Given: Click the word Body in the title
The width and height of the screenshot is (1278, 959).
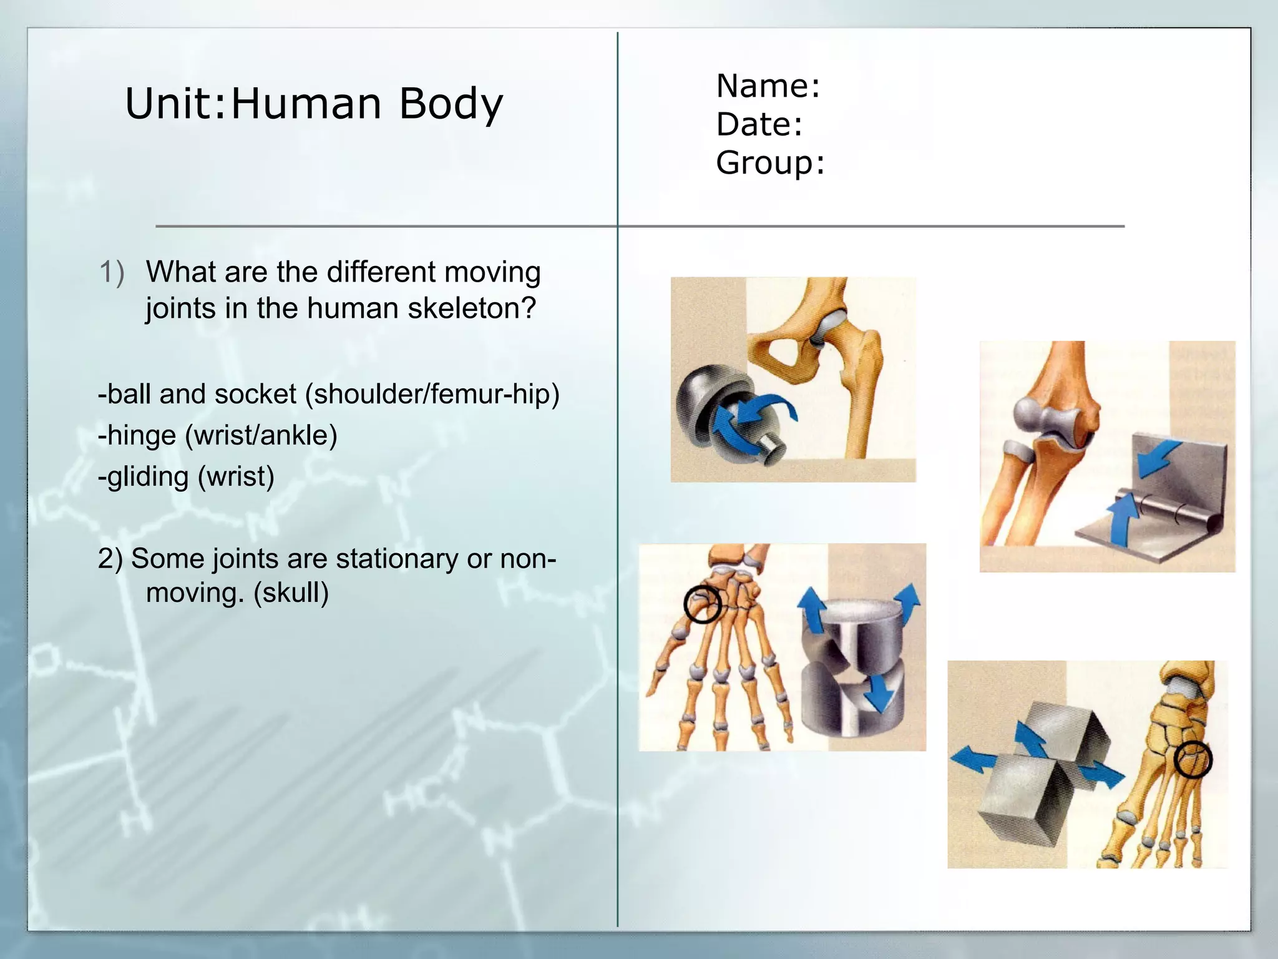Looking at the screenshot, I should tap(451, 104).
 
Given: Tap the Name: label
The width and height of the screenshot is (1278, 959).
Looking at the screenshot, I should tap(768, 86).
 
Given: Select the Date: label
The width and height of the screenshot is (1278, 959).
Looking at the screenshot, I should tap(759, 124).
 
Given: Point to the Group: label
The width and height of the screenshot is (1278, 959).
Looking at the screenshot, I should tap(770, 163).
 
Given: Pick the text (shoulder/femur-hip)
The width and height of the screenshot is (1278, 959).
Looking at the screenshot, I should tap(432, 395).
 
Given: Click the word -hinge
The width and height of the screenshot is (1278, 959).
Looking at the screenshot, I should tap(137, 436).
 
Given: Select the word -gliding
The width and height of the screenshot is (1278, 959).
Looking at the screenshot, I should tap(144, 477).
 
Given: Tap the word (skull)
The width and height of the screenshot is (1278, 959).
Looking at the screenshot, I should tap(291, 593).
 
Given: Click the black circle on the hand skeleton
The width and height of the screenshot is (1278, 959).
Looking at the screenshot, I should tap(702, 604).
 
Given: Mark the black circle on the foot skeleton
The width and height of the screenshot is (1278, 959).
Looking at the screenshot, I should tap(1193, 760).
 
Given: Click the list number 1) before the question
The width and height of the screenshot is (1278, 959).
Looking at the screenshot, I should tap(112, 273).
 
